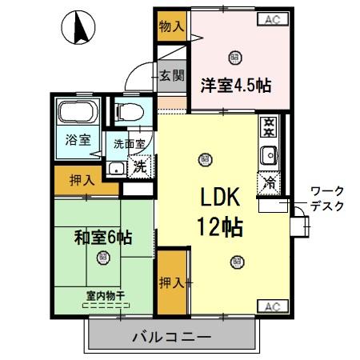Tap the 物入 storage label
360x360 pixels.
pos(172,27)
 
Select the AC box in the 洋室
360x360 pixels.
pos(270,18)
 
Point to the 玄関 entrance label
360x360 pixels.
pos(170,76)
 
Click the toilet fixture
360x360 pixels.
pos(129,110)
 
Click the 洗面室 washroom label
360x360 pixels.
pos(130,145)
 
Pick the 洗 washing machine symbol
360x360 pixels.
pos(140,167)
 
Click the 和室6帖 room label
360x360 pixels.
pos(103,237)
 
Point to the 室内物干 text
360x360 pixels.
pos(104,295)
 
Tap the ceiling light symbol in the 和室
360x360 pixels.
pos(103,258)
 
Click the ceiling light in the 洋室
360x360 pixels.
pos(234,56)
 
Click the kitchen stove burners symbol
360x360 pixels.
pos(269,126)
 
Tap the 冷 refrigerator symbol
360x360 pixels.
pos(269,182)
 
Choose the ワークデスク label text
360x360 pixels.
pos(326,198)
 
